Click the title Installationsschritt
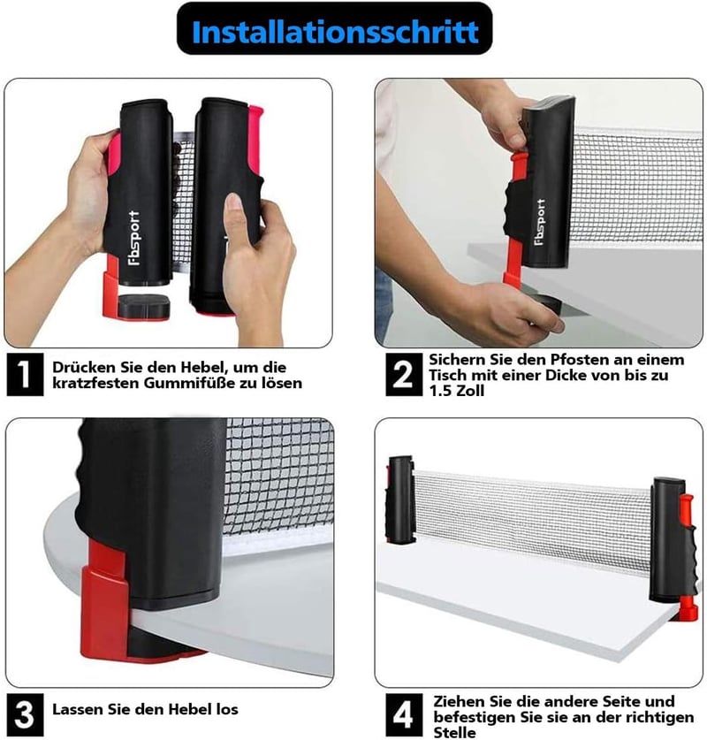(x=335, y=32)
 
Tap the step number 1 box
(x=25, y=374)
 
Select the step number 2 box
(x=404, y=374)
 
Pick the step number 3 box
(x=25, y=714)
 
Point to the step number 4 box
(x=404, y=714)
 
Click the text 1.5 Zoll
(x=456, y=390)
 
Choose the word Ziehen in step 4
(x=459, y=701)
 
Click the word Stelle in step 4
(x=454, y=732)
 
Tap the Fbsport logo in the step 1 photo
(x=134, y=239)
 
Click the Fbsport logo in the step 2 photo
(x=540, y=222)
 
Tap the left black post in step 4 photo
(x=401, y=500)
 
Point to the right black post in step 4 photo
(x=667, y=540)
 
